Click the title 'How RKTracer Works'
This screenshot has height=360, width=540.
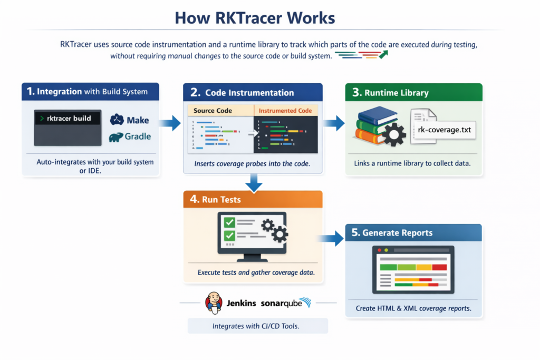(x=255, y=18)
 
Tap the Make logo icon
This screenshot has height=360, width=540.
(x=117, y=120)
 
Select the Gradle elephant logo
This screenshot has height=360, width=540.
(x=117, y=137)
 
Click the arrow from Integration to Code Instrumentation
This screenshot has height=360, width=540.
(x=170, y=124)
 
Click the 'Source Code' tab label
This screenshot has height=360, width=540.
(x=213, y=111)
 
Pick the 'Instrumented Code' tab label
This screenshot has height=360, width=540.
(x=285, y=111)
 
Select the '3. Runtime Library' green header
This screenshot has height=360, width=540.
(x=413, y=93)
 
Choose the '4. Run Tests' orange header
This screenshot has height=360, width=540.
(x=252, y=200)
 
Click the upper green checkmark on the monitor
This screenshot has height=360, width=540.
(x=229, y=222)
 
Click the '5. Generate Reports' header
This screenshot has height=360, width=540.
(x=413, y=233)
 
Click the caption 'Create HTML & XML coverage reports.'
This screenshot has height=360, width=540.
(x=413, y=308)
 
